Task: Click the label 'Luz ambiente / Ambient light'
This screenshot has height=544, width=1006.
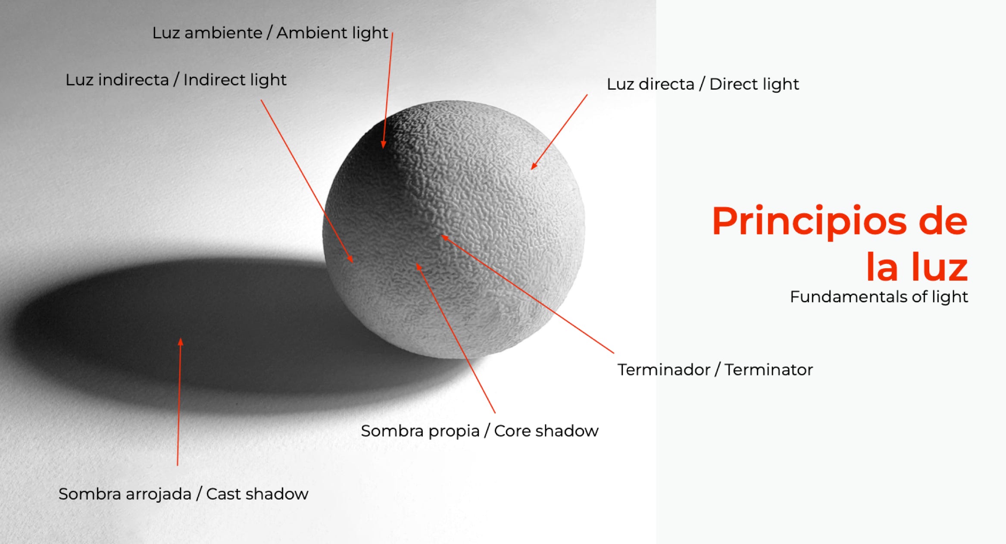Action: [270, 33]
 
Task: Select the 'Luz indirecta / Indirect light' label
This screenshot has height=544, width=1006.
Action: [176, 80]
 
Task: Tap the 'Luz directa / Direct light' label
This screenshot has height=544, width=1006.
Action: [703, 84]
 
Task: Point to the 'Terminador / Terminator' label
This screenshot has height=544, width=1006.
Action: [715, 370]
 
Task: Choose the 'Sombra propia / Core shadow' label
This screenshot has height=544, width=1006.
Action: [480, 431]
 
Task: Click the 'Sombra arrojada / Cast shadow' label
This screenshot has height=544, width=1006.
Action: [184, 494]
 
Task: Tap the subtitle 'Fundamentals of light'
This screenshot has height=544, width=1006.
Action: [879, 297]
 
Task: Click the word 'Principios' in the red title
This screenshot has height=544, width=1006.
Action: [809, 222]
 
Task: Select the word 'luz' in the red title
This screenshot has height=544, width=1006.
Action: [940, 267]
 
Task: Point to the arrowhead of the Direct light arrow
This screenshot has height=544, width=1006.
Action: [534, 166]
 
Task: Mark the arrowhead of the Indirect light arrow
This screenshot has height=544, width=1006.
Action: [350, 258]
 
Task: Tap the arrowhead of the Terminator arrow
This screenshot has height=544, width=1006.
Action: [444, 238]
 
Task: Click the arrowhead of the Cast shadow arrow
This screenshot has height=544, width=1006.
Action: [181, 342]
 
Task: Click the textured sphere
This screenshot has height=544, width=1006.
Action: [453, 229]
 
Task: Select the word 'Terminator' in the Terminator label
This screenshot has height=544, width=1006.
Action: [769, 370]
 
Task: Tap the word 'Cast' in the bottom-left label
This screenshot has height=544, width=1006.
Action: [223, 494]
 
